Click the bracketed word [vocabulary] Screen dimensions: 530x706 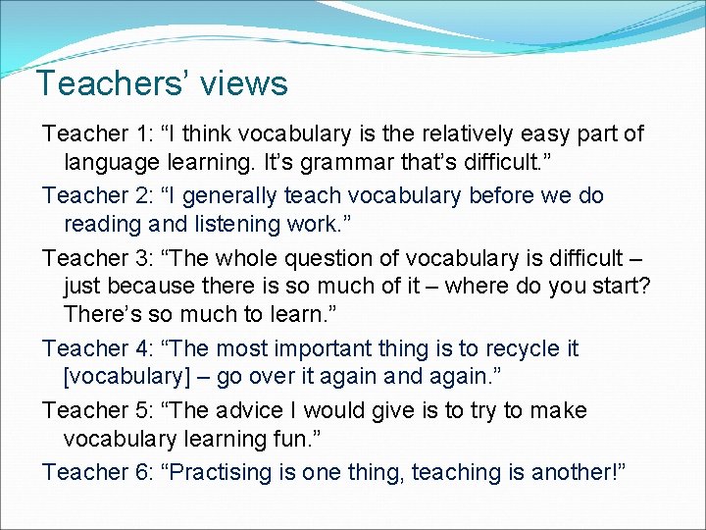point(138,377)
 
